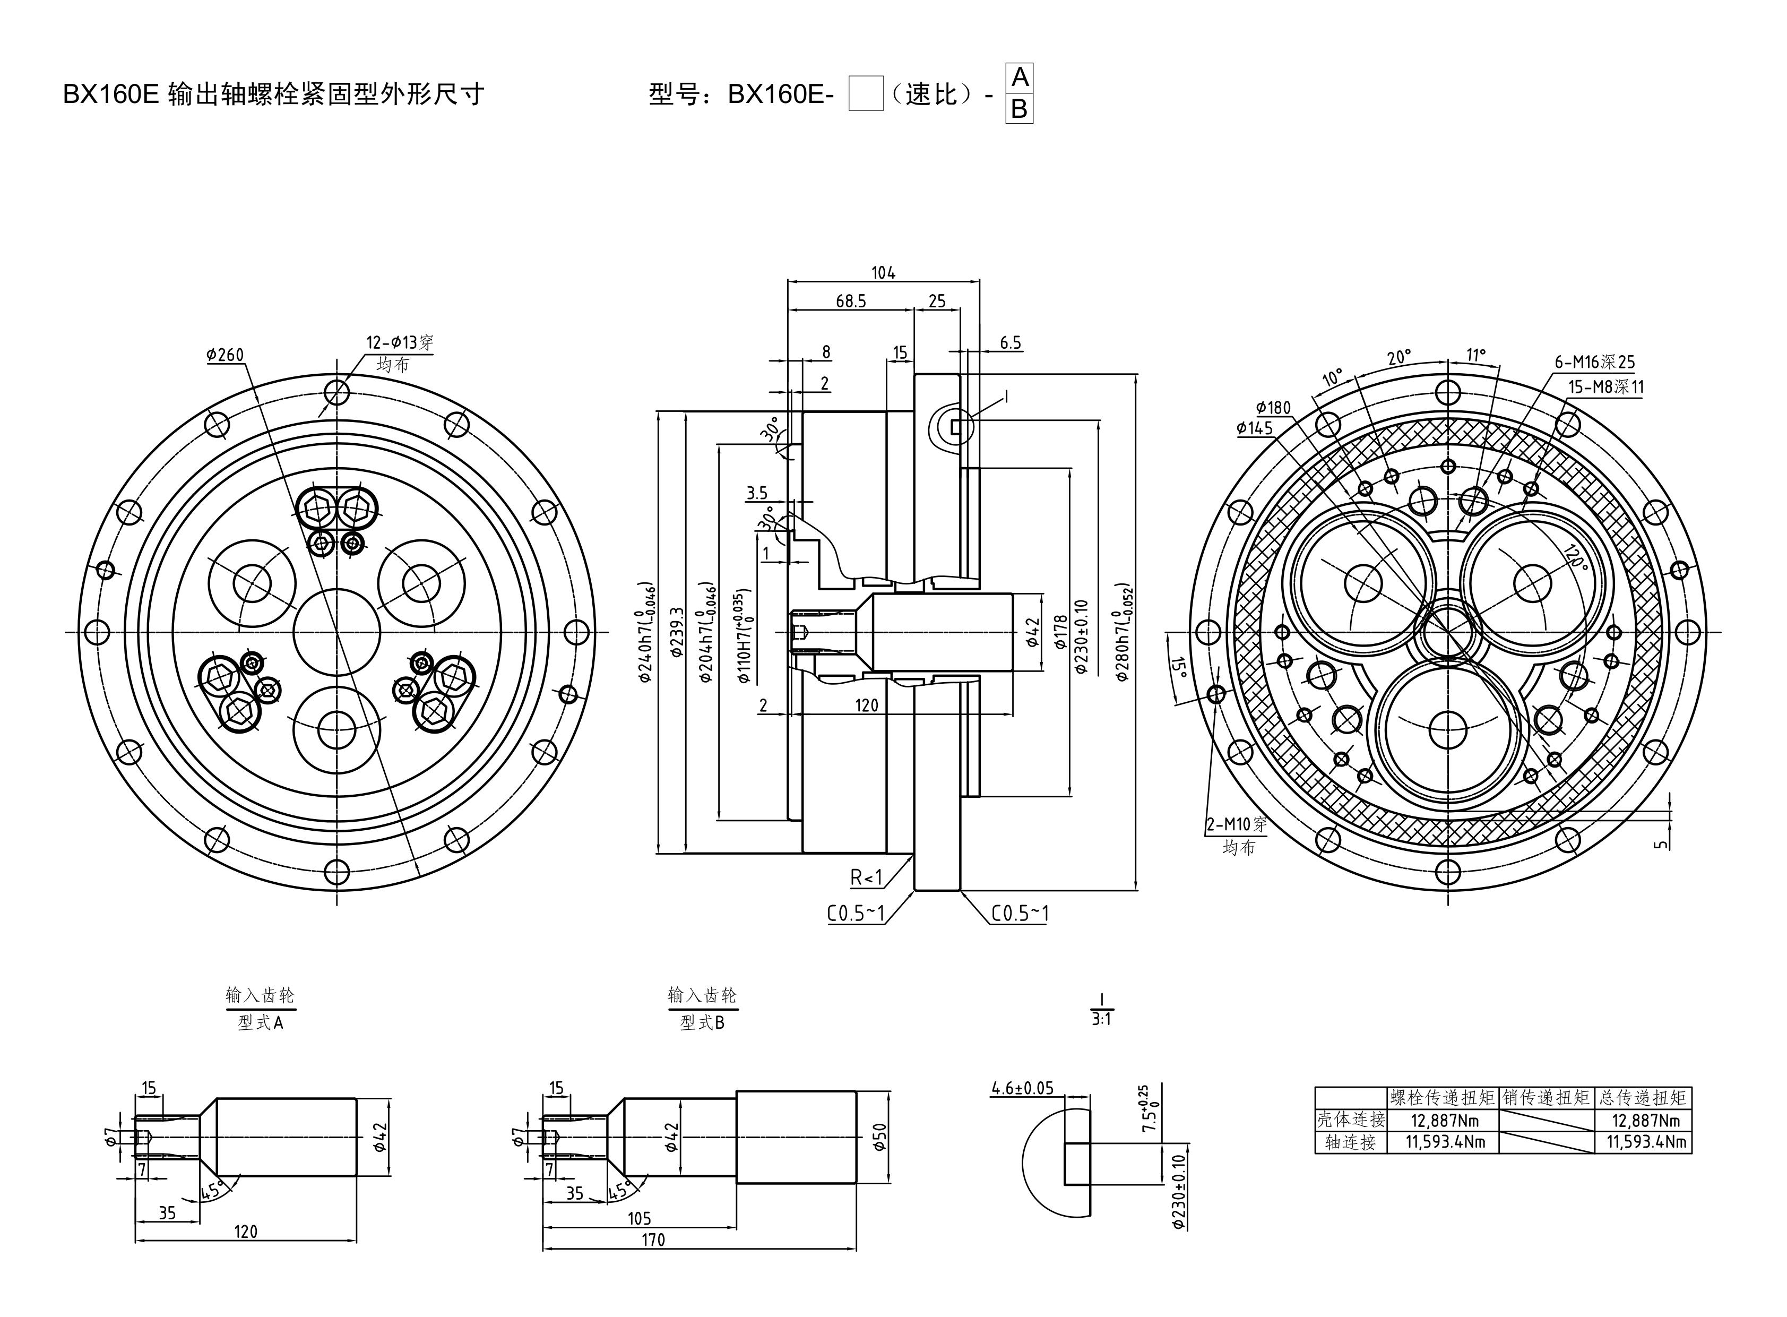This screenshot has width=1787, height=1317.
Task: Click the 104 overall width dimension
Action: [x=882, y=273]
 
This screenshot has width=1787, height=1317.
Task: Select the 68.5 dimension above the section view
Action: [x=850, y=302]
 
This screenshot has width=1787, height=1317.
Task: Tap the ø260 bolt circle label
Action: [x=225, y=355]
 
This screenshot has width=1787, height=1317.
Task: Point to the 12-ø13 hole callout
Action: [x=399, y=343]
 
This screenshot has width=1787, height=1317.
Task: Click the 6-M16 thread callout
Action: [x=1594, y=362]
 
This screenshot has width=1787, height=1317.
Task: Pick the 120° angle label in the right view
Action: [x=1574, y=556]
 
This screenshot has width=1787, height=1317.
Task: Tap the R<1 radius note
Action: [x=866, y=877]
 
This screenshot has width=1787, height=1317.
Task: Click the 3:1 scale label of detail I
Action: [x=1101, y=1019]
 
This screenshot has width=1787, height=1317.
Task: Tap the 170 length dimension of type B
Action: [x=653, y=1239]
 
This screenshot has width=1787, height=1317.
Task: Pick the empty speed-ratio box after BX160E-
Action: [x=866, y=93]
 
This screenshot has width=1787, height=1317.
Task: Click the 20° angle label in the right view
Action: [x=1398, y=358]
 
